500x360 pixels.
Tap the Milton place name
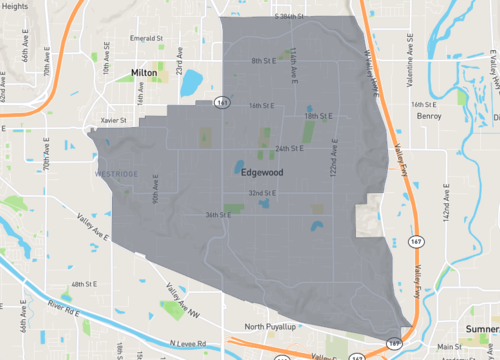(x=146, y=73)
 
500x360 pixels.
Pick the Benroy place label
(x=429, y=116)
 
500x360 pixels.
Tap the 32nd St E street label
(x=263, y=193)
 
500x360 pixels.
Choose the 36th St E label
(x=219, y=215)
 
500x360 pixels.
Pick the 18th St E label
(x=318, y=116)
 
